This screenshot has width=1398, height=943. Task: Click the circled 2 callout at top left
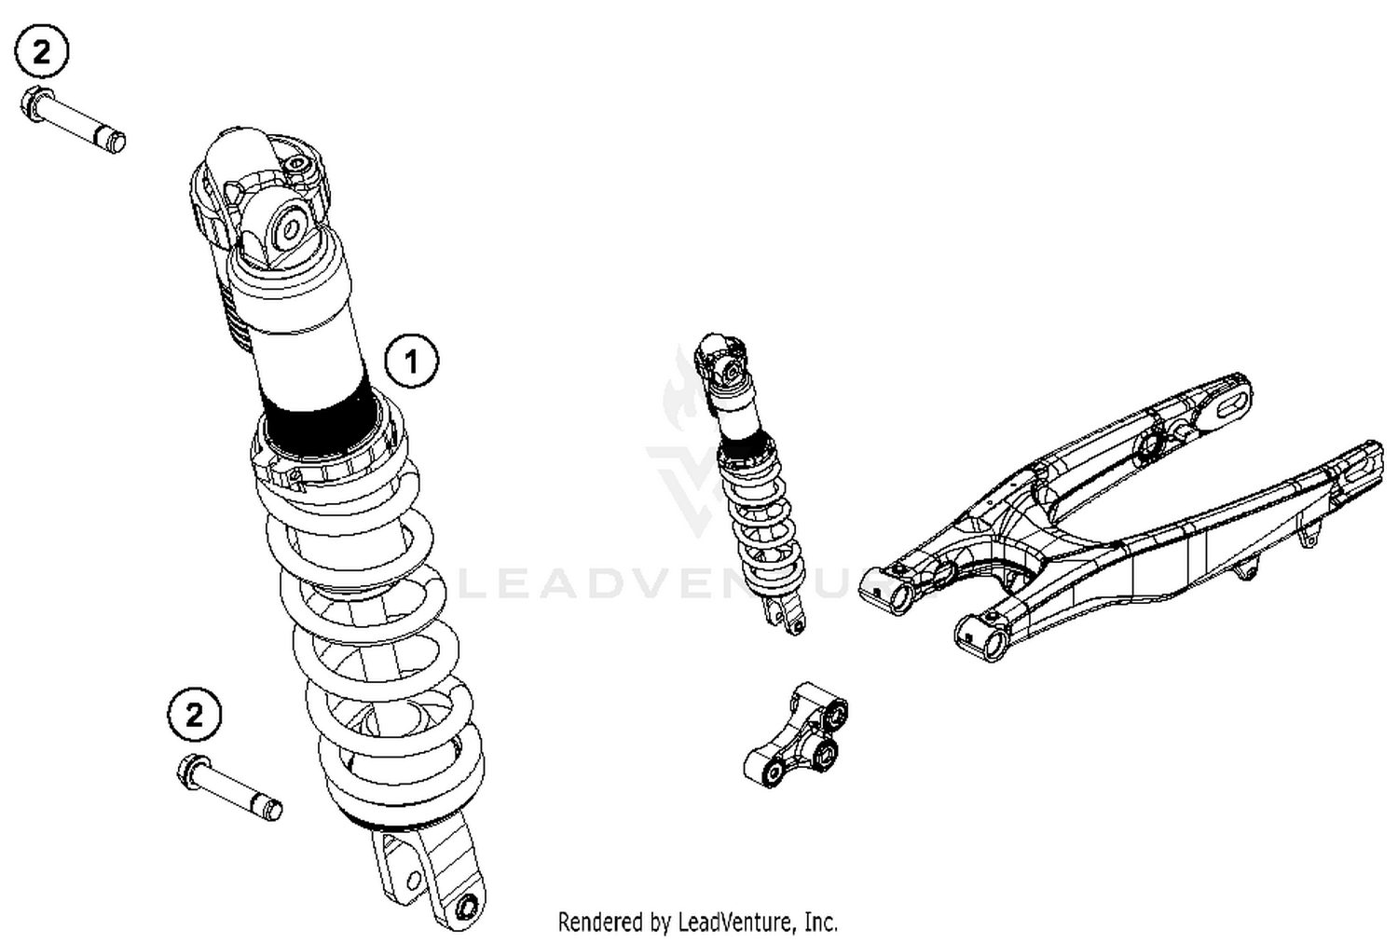(41, 52)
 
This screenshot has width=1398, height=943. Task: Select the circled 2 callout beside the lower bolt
(194, 715)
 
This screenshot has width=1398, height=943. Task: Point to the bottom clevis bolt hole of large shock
(468, 904)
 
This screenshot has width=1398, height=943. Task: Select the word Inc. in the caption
(820, 922)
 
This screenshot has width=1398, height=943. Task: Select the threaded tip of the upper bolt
(114, 143)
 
